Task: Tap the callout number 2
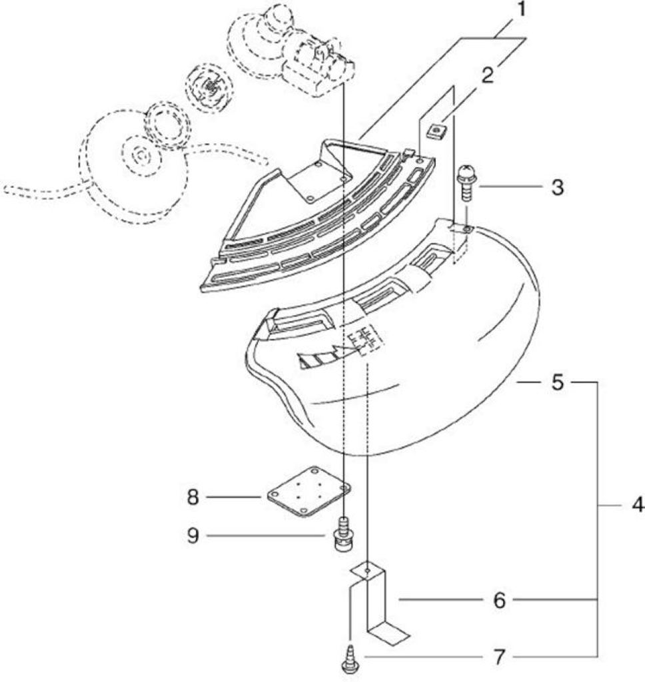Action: pos(488,75)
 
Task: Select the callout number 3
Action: pos(556,187)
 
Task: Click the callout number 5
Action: pos(556,382)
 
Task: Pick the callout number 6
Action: pos(499,601)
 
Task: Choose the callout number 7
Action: pos(499,657)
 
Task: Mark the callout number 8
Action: pos(193,497)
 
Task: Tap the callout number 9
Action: pos(193,536)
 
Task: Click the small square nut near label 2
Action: pos(436,131)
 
